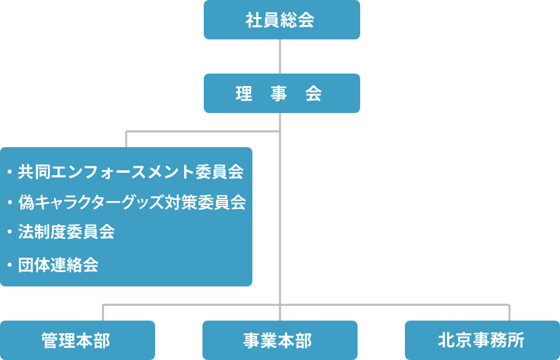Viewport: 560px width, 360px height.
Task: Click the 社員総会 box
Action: [x=282, y=20]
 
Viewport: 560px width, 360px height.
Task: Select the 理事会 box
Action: [x=282, y=93]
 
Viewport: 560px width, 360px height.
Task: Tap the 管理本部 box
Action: [x=78, y=340]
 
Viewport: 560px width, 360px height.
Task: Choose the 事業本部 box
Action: [x=280, y=340]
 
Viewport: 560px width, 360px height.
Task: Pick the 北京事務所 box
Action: [x=482, y=340]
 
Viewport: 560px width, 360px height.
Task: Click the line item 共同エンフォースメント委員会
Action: [x=131, y=171]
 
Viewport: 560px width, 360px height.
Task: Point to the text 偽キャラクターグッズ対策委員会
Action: [x=132, y=202]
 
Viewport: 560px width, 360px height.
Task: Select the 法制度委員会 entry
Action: [x=66, y=232]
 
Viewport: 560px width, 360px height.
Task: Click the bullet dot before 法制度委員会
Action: [x=10, y=232]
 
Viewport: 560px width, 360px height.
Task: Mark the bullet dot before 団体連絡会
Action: [x=10, y=265]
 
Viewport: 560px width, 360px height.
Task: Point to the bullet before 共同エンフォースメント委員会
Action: [x=10, y=172]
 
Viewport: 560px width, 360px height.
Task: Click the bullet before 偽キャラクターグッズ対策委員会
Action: [x=10, y=202]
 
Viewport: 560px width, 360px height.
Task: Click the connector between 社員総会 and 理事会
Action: [x=280, y=56]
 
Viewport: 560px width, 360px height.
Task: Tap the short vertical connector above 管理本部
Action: [x=103, y=313]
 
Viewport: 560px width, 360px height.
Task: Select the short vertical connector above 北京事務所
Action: [x=509, y=313]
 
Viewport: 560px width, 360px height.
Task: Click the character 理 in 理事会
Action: [x=244, y=94]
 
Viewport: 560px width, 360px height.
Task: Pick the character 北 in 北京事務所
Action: [x=446, y=340]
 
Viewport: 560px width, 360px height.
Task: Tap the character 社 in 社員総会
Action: [x=254, y=20]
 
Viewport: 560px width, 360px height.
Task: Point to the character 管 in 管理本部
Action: [x=50, y=340]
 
